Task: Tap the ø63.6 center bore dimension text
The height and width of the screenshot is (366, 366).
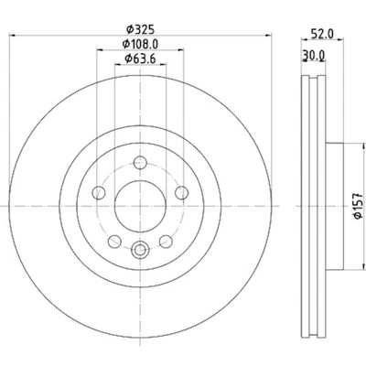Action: click(x=139, y=60)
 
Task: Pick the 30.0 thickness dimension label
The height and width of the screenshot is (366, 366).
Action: click(x=312, y=55)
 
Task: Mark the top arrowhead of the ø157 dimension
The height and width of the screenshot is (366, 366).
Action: click(x=343, y=147)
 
